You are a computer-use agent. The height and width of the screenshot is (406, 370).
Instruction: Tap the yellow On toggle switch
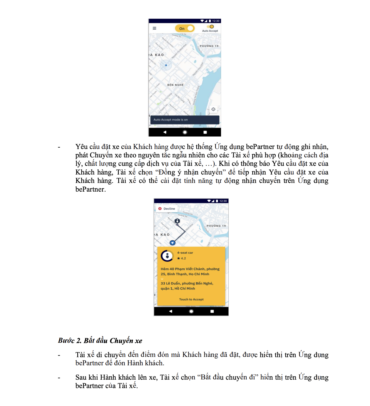(185, 28)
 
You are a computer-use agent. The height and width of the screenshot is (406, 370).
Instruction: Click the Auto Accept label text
(210, 31)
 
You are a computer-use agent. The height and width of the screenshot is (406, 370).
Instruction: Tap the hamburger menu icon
(154, 28)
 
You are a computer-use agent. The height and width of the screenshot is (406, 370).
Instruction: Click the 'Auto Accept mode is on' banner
(185, 120)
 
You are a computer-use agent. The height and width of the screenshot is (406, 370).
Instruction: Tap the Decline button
(167, 209)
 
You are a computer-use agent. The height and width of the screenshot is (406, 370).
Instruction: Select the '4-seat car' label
(185, 253)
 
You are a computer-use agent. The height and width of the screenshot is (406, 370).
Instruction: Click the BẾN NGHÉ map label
(175, 85)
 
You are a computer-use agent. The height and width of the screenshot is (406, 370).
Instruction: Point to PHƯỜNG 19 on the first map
(209, 46)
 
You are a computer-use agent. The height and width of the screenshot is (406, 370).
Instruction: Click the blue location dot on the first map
(166, 65)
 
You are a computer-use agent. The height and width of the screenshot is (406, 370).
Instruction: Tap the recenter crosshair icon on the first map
(213, 109)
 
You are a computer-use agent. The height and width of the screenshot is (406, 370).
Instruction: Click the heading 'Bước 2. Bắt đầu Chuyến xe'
(100, 341)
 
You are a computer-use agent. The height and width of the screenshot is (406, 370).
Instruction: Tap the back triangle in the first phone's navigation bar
(165, 132)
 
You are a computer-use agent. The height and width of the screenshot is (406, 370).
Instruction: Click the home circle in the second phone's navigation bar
(191, 311)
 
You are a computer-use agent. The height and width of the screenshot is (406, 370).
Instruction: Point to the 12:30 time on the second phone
(223, 201)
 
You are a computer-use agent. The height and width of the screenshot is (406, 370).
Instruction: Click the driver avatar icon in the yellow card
(167, 256)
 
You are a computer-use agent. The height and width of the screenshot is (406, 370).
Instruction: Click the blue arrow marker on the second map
(173, 243)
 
